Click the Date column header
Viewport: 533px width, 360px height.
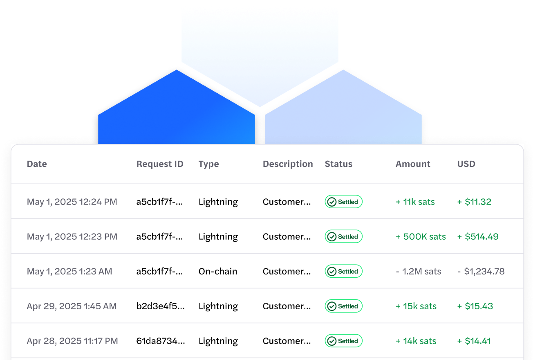click(37, 164)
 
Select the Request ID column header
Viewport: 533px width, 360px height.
click(160, 164)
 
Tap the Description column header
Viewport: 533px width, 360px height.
click(288, 164)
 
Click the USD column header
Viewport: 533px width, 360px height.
click(466, 164)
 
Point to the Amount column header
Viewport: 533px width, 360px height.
click(413, 164)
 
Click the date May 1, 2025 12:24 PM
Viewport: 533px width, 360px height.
click(72, 202)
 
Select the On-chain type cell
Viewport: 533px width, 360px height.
click(218, 271)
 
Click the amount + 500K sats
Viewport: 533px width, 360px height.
click(421, 236)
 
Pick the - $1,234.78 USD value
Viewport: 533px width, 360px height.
click(481, 271)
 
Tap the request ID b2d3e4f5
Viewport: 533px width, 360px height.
click(161, 306)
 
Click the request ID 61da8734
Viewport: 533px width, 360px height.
click(161, 341)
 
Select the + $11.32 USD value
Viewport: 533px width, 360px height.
click(474, 202)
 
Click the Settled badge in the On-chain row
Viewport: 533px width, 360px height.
click(343, 271)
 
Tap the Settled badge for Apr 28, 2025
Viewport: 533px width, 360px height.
click(343, 341)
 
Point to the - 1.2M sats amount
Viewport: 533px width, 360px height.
click(419, 271)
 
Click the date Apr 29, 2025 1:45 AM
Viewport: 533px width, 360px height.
click(72, 306)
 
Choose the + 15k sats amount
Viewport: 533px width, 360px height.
click(416, 306)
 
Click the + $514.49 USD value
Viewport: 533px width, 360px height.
click(478, 236)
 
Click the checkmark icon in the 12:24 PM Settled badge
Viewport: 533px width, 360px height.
click(332, 202)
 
